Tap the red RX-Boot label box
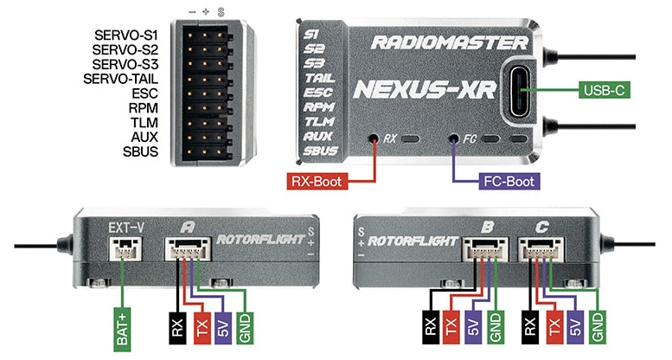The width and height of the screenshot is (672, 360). point(313,183)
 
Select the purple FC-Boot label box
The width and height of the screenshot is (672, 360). point(508,183)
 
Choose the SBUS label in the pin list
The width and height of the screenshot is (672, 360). point(139,152)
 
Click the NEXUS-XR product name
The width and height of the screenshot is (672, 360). point(424,88)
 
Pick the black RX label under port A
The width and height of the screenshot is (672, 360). point(176,325)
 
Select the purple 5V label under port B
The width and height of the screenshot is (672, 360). point(472,325)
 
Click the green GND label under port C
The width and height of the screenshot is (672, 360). point(597,325)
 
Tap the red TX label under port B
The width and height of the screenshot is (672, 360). point(451,325)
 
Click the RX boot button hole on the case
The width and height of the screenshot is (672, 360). point(373,138)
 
